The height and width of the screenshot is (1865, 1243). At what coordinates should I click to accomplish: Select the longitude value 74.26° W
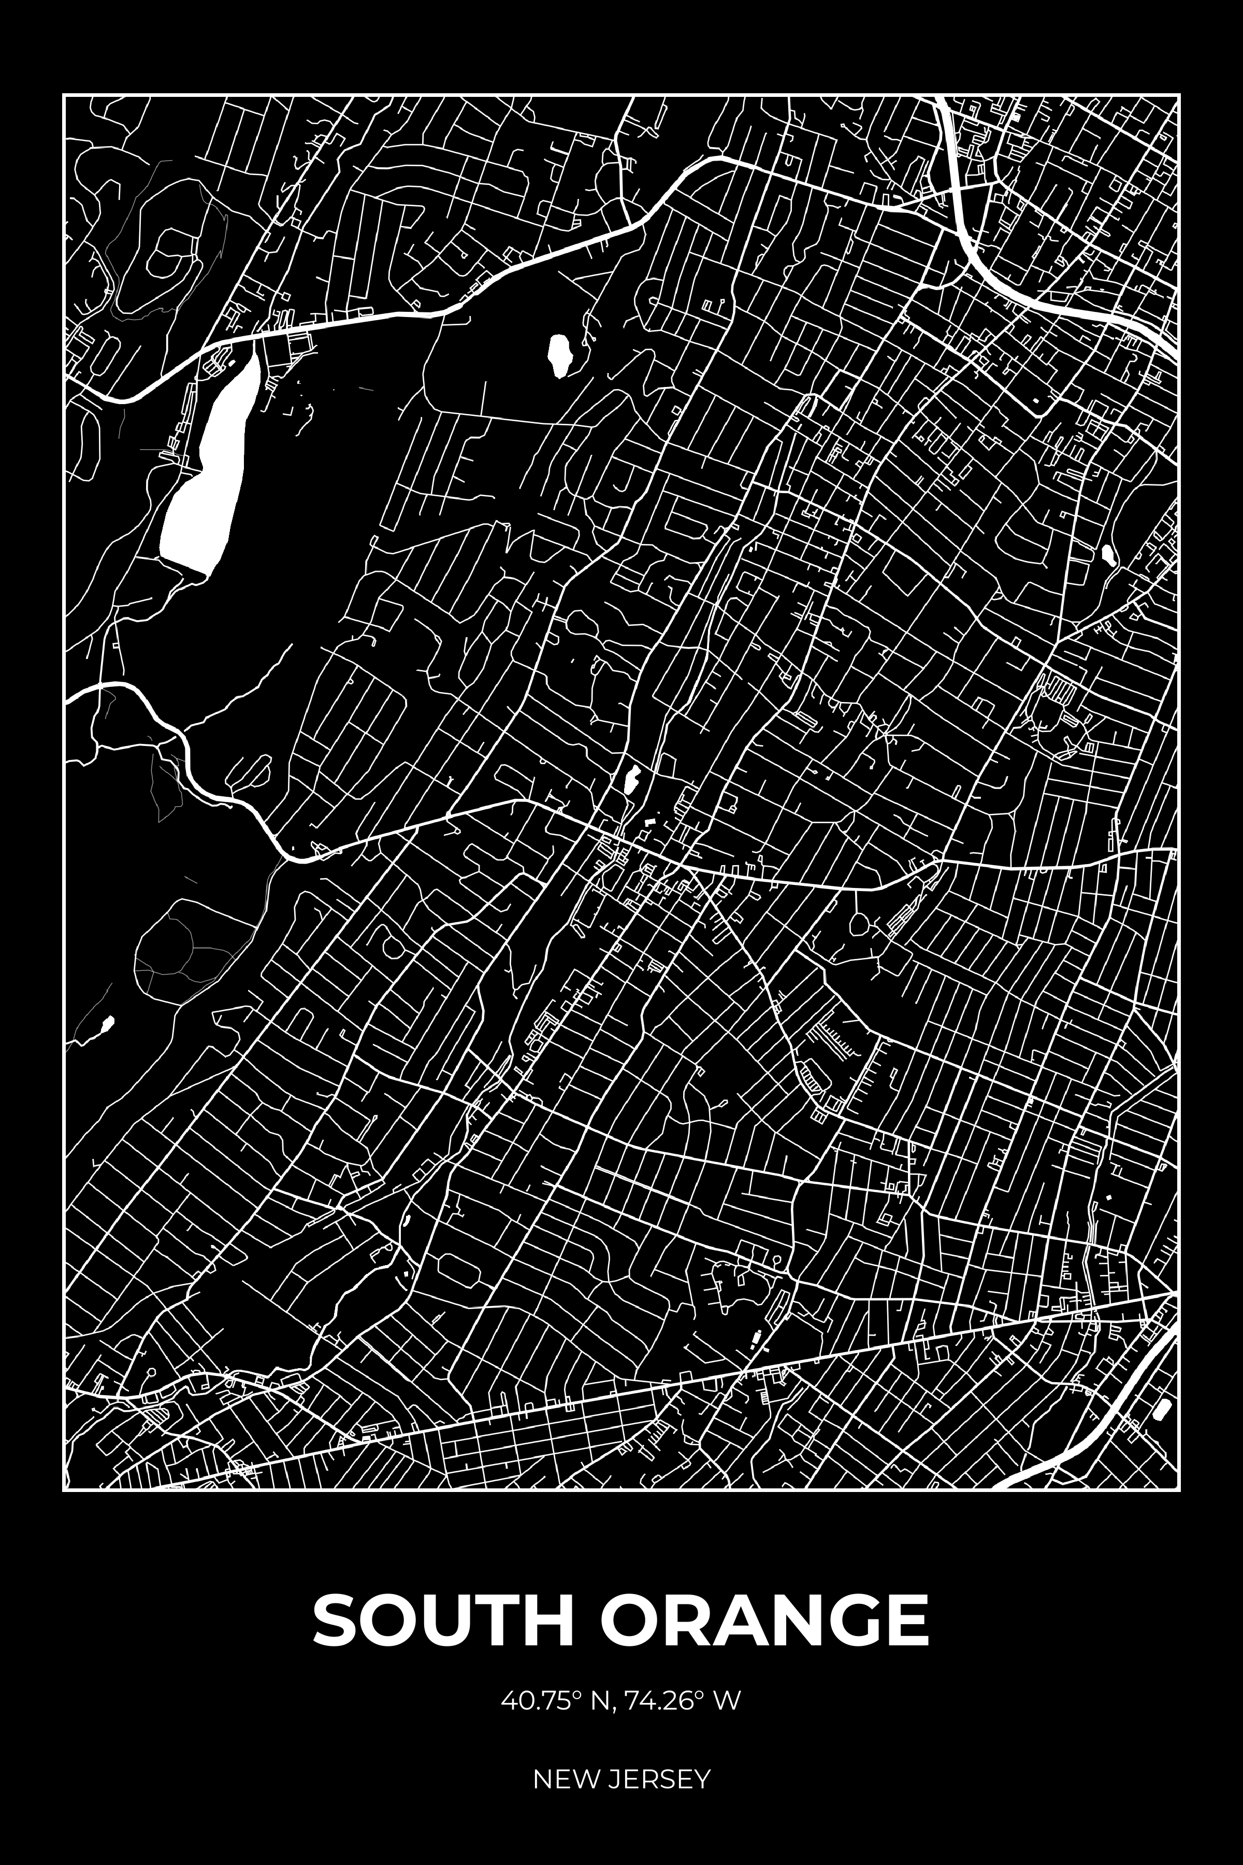(683, 1701)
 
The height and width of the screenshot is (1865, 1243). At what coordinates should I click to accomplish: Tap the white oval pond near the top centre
(561, 357)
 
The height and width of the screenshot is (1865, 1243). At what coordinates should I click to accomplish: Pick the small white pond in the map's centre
(632, 780)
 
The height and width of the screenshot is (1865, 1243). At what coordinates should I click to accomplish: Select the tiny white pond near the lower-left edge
(106, 1027)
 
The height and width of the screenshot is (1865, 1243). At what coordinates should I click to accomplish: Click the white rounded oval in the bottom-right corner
(1163, 1410)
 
